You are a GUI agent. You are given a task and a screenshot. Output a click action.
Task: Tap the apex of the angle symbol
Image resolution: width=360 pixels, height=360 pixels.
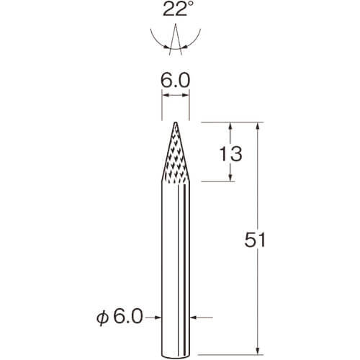176,24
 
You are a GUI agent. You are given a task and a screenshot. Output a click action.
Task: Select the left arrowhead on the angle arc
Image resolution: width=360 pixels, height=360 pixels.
166,47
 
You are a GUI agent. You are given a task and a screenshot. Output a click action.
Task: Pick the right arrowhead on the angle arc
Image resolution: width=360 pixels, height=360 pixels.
185,47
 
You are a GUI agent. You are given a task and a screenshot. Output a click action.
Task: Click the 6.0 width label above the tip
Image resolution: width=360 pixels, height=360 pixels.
175,81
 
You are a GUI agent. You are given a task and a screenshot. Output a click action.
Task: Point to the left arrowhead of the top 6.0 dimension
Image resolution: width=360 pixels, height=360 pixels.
166,95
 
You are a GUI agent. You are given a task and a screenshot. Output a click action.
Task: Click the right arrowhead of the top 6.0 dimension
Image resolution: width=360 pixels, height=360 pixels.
186,95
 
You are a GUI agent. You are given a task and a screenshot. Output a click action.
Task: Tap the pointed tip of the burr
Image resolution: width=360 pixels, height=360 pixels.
176,123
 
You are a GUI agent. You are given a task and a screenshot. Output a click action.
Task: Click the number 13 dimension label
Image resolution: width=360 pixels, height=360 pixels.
231,154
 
